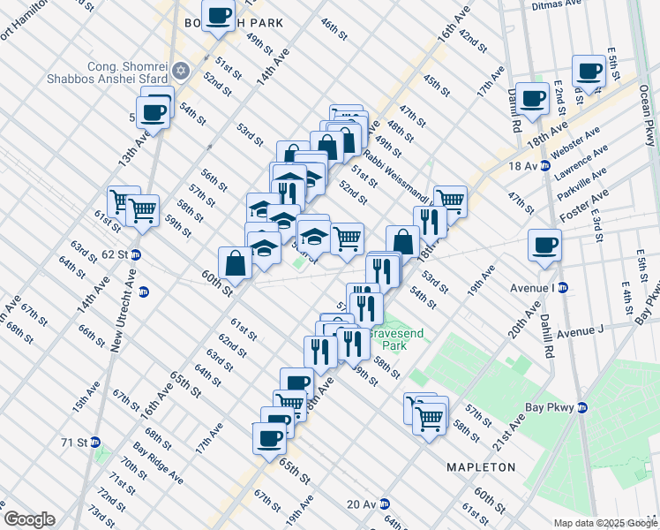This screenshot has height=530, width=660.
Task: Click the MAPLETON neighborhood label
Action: [481, 466]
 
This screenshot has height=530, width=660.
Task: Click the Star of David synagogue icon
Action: [182, 69]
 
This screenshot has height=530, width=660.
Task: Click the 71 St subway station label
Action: [79, 442]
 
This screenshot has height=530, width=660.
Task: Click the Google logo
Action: [28, 519]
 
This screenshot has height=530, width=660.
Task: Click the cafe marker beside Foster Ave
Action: [544, 244]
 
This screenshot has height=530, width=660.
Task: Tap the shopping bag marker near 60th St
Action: [236, 261]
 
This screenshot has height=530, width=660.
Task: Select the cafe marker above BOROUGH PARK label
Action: [218, 14]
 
